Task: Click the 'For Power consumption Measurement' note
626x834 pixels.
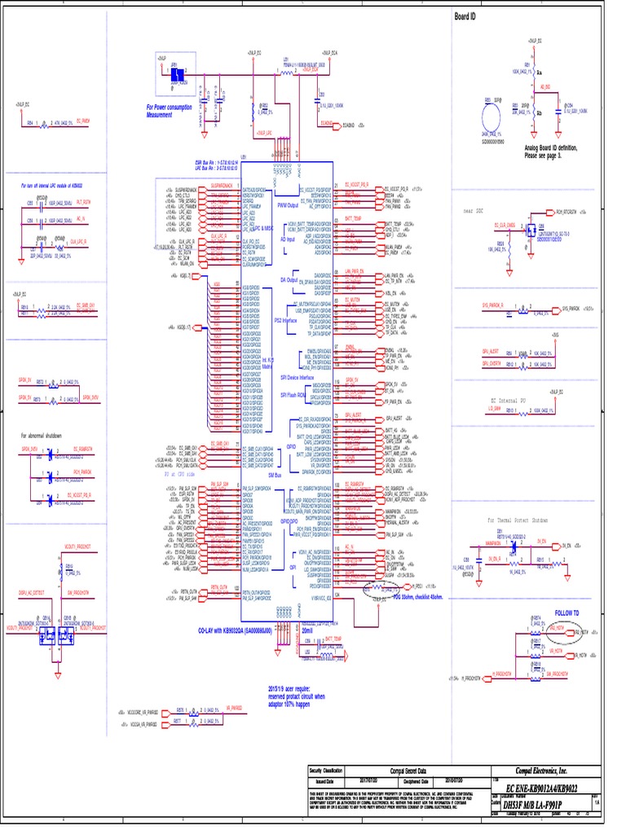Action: (170, 111)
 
